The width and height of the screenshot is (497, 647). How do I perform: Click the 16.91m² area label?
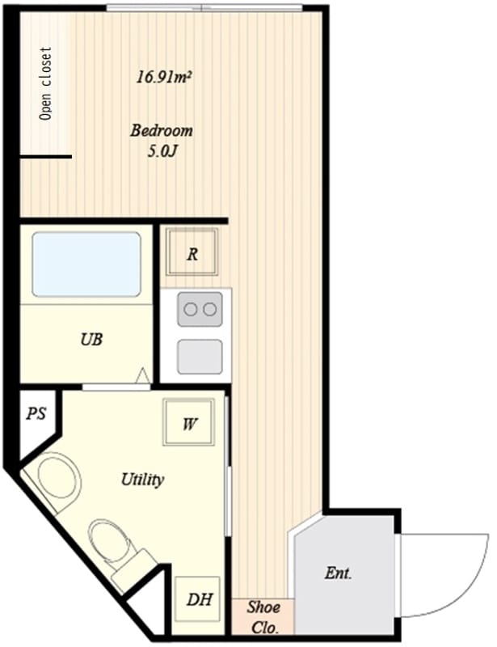[165, 77]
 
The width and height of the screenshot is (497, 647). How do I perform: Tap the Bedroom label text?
[162, 130]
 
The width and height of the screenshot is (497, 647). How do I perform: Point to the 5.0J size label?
[162, 152]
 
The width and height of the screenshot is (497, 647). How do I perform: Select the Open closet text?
[46, 83]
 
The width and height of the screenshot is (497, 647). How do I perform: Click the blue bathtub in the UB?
[86, 264]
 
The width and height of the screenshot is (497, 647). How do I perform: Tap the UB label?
[91, 340]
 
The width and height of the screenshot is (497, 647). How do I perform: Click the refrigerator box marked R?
[192, 252]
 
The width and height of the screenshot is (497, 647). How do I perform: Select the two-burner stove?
[200, 309]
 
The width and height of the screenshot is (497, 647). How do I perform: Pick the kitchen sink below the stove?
[200, 357]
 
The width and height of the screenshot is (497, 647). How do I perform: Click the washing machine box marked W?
[189, 421]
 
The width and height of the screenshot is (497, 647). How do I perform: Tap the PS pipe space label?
[36, 413]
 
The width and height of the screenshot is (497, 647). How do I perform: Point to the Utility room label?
[142, 480]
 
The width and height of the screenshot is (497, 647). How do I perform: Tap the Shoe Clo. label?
[263, 617]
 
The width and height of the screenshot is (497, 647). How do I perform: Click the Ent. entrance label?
[339, 573]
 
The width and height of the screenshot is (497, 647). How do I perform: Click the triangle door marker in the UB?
[143, 375]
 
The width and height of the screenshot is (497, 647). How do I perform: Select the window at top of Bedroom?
[204, 7]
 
